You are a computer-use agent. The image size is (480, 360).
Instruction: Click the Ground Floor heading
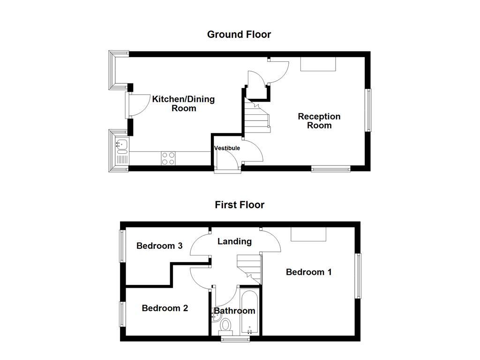coord(239,34)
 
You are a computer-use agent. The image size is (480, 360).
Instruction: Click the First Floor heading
coord(240,205)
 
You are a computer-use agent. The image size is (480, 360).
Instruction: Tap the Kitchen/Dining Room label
coord(183,104)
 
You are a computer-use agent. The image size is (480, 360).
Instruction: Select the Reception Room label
coord(319,121)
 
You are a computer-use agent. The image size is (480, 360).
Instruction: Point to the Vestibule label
coord(227,148)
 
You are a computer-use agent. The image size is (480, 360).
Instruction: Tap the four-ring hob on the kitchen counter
coord(168,158)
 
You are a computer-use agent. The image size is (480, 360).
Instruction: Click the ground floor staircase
coord(255,117)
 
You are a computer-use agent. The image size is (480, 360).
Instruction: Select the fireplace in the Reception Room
coord(318,64)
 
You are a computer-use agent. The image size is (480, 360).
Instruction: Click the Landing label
coord(234,241)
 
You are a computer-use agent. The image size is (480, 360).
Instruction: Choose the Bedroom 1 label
coord(309,272)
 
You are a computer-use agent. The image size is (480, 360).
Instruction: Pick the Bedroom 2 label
coord(165,308)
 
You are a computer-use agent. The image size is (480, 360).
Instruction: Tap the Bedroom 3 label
coord(159,246)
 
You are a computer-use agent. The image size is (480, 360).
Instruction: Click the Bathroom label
coord(234,311)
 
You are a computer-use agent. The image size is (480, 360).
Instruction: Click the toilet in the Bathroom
coord(226,324)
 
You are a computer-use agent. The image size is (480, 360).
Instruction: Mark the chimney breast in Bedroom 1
coord(308,234)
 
